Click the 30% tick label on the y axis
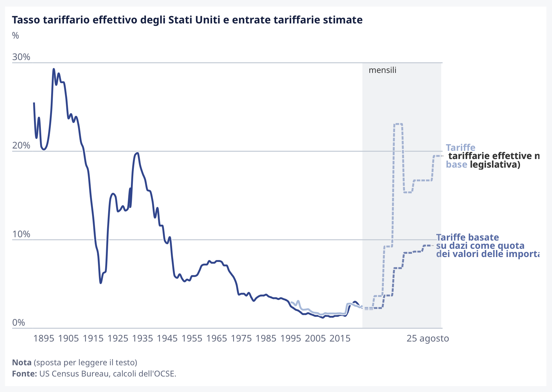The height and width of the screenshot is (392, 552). [x=21, y=57]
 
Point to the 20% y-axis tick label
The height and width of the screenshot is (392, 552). [x=21, y=146]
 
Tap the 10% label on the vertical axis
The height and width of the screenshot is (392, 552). [x=21, y=234]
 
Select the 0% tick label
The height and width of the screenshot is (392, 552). [x=18, y=322]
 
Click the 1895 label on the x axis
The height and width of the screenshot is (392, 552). [x=44, y=338]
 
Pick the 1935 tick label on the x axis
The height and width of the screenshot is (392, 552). [x=142, y=338]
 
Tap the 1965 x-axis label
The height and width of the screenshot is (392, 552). [x=216, y=338]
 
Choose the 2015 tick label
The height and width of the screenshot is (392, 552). [x=340, y=338]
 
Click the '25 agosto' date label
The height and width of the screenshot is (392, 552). [x=428, y=338]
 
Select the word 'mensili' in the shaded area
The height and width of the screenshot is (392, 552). [x=383, y=70]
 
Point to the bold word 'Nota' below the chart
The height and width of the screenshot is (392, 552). [x=22, y=362]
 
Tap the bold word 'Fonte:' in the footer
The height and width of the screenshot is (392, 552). [x=24, y=374]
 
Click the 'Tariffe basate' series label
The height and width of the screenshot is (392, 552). [x=467, y=237]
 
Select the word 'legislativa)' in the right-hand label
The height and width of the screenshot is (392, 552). [x=495, y=164]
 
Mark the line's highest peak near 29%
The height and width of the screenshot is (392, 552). [x=53, y=69]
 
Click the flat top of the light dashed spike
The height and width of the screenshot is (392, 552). [x=398, y=124]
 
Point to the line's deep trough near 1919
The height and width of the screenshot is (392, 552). [x=101, y=283]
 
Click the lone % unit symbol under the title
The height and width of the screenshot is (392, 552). [x=15, y=36]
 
